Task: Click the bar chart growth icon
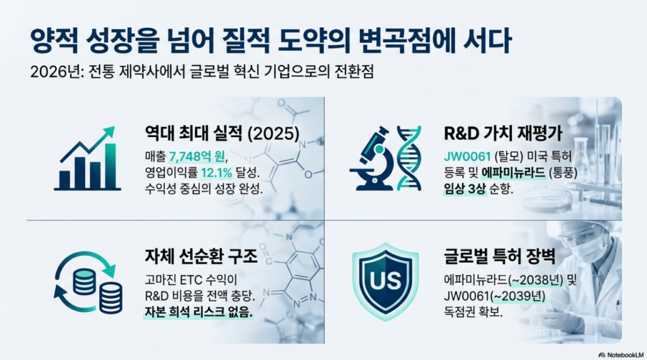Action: pyautogui.click(x=87, y=159)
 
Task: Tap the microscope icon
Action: pyautogui.click(x=372, y=159)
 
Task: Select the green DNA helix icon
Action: pyautogui.click(x=409, y=159)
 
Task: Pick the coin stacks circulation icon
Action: pyautogui.click(x=88, y=282)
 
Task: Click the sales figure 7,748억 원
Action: pyautogui.click(x=197, y=156)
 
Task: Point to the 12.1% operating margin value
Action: pyautogui.click(x=216, y=172)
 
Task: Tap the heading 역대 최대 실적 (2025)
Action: pyautogui.click(x=222, y=133)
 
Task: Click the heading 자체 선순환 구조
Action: pyautogui.click(x=201, y=256)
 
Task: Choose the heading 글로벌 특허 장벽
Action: pyautogui.click(x=500, y=256)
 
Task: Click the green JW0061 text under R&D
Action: pyautogui.click(x=467, y=156)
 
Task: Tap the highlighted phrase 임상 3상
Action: pyautogui.click(x=464, y=189)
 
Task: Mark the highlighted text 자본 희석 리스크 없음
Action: pyautogui.click(x=198, y=312)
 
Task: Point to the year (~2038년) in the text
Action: pyautogui.click(x=535, y=280)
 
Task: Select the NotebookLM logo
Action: pyautogui.click(x=621, y=355)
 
